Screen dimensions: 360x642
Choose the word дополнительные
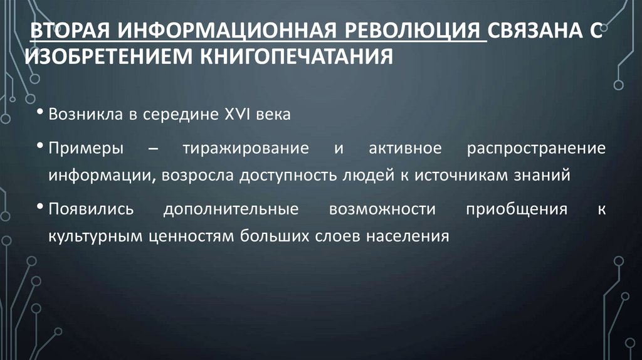pyautogui.click(x=231, y=209)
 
